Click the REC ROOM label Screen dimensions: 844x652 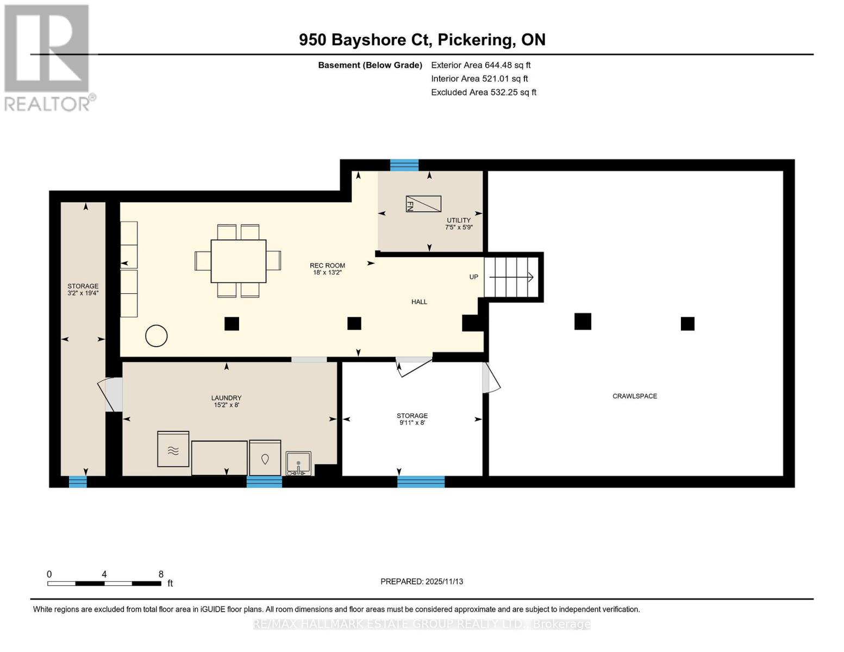click(327, 265)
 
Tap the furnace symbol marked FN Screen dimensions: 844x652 click(423, 204)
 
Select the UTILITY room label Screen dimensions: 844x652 click(458, 220)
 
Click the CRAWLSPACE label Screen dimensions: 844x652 click(635, 396)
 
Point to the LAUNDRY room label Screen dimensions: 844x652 click(226, 398)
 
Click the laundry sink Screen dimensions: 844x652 click(298, 463)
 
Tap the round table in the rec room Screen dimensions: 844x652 click(156, 336)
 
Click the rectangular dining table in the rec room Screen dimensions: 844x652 click(239, 261)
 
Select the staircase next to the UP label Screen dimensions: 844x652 click(511, 277)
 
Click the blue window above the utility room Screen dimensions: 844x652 click(404, 165)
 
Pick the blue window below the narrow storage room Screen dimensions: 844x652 click(78, 481)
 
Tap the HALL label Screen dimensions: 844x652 click(419, 302)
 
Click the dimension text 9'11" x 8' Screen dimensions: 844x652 click(412, 423)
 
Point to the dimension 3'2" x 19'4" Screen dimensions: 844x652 click(83, 293)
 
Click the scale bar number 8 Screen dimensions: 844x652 click(161, 574)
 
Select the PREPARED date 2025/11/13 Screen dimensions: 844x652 click(444, 581)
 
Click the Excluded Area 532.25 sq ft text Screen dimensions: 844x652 click(484, 92)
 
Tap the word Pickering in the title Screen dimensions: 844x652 click(477, 40)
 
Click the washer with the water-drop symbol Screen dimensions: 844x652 click(265, 457)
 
